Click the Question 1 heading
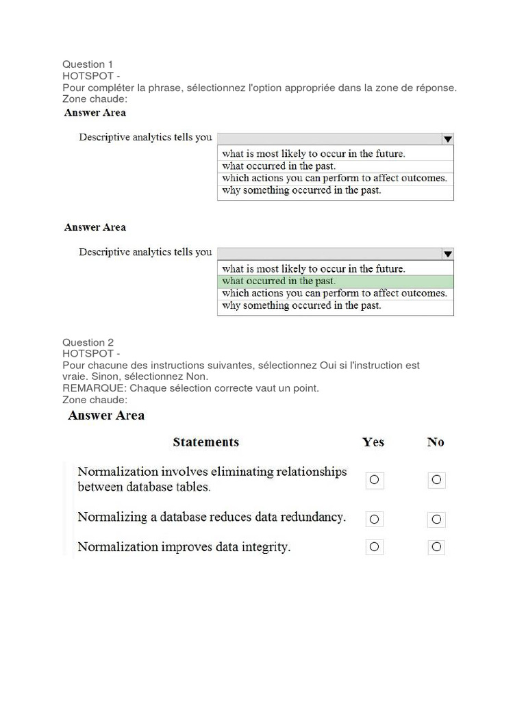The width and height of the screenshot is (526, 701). (88, 64)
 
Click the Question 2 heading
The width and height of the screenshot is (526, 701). (88, 342)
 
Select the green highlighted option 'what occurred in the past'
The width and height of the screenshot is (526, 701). (279, 281)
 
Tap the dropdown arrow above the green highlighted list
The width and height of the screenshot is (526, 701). (447, 254)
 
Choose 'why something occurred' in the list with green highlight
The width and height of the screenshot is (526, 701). (301, 306)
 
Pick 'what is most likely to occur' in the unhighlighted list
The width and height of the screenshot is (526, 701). (313, 153)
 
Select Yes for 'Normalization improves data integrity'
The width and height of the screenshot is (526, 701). (374, 546)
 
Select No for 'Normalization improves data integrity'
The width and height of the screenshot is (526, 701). (436, 546)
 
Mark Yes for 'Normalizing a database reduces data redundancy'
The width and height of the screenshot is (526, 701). (374, 519)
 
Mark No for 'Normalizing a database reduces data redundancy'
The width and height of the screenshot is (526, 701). (436, 519)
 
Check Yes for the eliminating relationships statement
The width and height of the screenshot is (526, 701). (374, 480)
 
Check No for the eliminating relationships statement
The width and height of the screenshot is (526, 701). (436, 480)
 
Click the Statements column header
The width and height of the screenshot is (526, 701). (206, 442)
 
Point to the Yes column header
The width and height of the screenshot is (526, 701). (373, 442)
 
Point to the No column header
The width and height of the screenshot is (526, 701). (436, 442)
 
